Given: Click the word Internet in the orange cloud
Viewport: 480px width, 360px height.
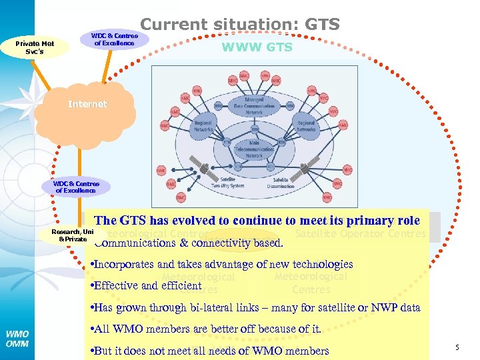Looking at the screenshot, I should click(87, 104).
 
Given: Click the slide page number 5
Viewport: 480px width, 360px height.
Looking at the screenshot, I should click(457, 347).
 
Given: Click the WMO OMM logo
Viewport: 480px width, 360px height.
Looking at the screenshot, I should click(17, 338).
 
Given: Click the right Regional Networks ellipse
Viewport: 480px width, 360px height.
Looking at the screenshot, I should click(305, 127).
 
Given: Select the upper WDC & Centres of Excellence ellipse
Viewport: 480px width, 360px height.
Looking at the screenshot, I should click(115, 39).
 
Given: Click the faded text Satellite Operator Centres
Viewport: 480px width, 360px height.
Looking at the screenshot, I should click(360, 233).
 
